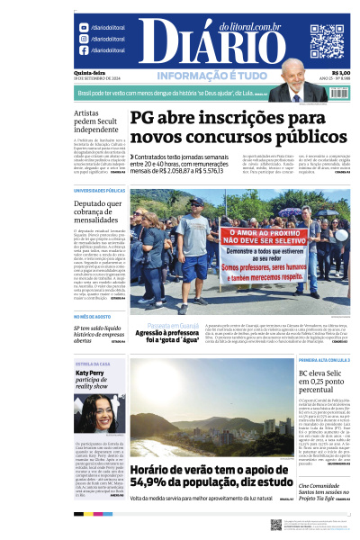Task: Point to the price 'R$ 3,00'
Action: [340, 73]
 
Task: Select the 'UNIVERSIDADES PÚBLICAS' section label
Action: [99, 191]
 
